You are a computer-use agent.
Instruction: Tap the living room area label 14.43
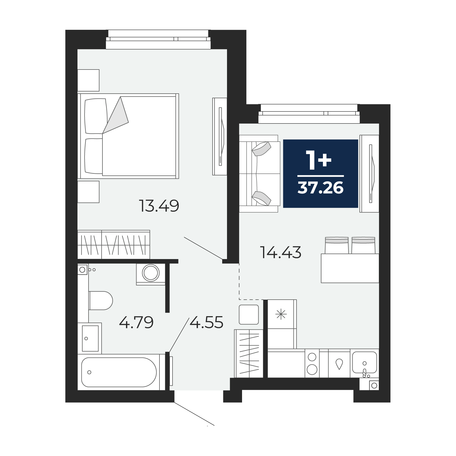tap(281, 252)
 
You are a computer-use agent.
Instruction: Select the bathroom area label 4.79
tap(136, 322)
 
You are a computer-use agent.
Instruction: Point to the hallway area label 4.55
tap(206, 322)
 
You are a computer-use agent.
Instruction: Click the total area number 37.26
tap(320, 188)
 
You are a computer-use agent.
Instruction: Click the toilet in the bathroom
tap(101, 301)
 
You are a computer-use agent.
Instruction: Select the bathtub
tap(119, 372)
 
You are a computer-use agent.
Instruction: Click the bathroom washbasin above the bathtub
tap(90, 338)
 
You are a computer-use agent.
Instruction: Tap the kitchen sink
tap(365, 362)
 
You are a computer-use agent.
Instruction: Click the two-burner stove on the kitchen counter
tap(312, 363)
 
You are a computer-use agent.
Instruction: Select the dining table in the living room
tap(350, 268)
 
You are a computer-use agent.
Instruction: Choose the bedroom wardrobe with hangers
tap(114, 244)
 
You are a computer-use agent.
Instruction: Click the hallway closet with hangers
tap(249, 354)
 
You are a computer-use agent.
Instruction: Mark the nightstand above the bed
tap(88, 80)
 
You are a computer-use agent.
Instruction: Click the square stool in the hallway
tap(249, 314)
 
